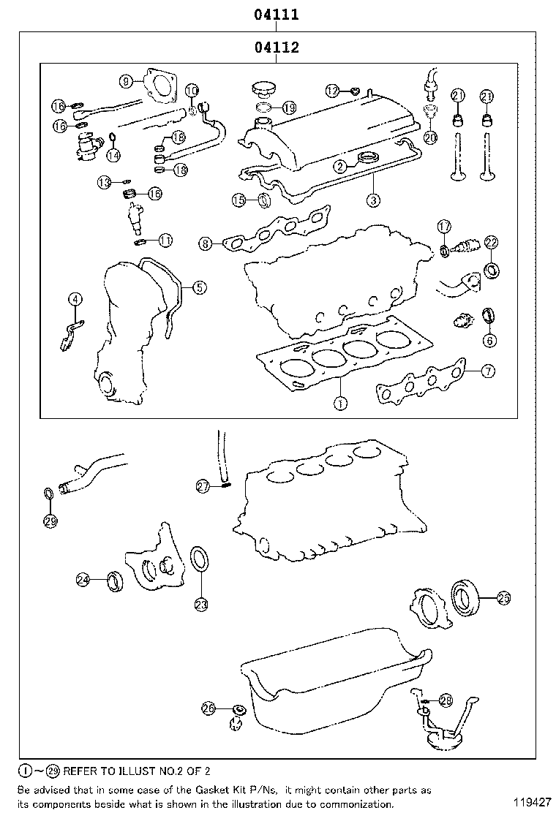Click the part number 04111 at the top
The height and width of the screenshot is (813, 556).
click(276, 14)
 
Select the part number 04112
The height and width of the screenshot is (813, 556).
click(276, 48)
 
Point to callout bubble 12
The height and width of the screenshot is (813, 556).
click(333, 91)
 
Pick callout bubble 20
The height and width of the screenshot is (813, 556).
click(429, 136)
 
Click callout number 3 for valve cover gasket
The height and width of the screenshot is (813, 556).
click(373, 199)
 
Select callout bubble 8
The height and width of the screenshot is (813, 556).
click(206, 243)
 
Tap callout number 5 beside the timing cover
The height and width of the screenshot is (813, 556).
click(199, 287)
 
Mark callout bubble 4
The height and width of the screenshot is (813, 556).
click(75, 299)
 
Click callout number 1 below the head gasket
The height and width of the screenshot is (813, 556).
click(339, 401)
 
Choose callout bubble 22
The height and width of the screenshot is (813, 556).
click(491, 243)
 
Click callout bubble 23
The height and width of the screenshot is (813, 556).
click(200, 604)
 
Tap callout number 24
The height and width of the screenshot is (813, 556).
click(83, 580)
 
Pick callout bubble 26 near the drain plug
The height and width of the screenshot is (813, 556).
click(209, 708)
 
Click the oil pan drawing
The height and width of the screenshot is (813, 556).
click(329, 695)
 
